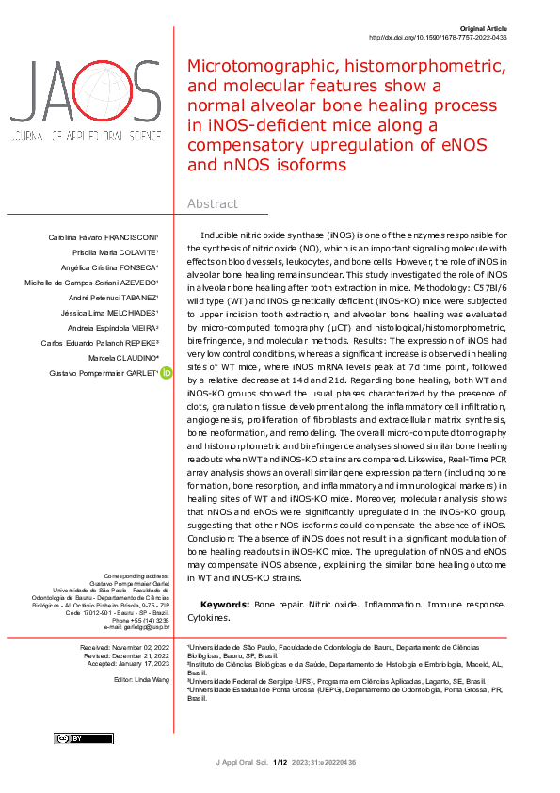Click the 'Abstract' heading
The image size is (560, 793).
pos(213,204)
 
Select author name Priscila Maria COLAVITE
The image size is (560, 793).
pos(118,253)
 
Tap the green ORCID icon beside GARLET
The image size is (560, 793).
pos(167,374)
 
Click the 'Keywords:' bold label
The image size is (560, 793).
pos(225,604)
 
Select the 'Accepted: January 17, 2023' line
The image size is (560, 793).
pos(126,664)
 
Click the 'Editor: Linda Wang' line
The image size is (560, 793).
pos(141,679)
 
